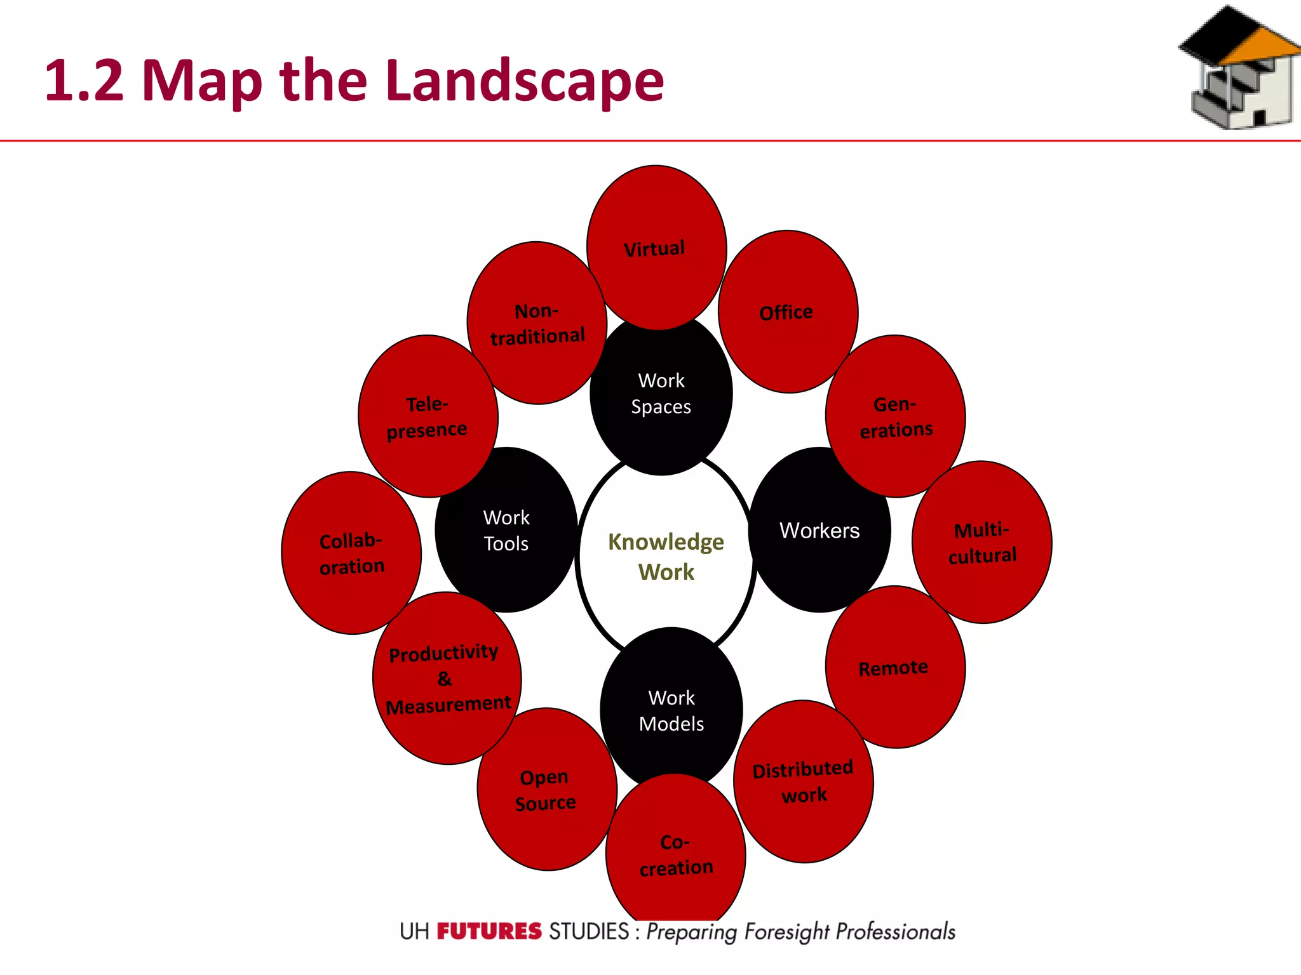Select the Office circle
(788, 312)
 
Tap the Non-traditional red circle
(537, 323)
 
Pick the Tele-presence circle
(428, 416)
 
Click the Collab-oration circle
(351, 553)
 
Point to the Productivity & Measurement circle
(447, 678)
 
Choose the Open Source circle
(546, 790)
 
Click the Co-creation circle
(675, 854)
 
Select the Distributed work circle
(804, 781)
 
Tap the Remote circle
(895, 667)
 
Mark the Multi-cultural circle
(981, 542)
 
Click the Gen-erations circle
(896, 416)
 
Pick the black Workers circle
(819, 531)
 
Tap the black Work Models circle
(671, 710)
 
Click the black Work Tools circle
(506, 531)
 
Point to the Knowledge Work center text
(666, 557)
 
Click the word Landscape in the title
(525, 81)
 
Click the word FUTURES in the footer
(489, 931)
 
